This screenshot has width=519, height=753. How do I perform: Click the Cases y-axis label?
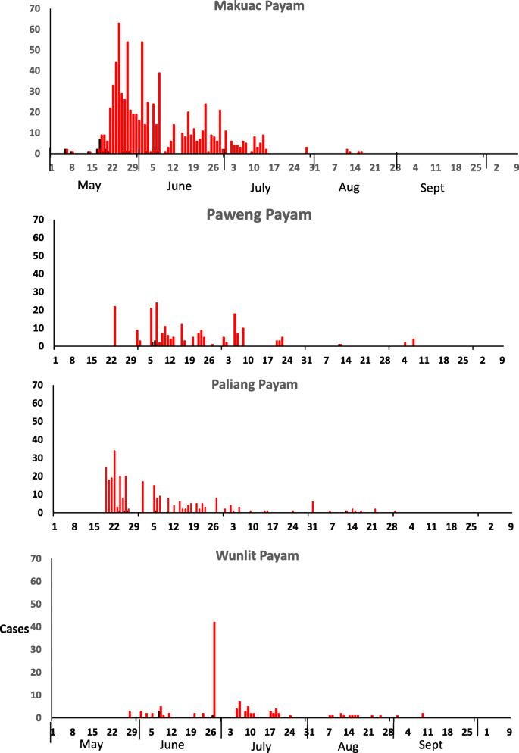click(14, 628)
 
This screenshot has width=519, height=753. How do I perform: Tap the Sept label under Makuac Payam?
click(433, 188)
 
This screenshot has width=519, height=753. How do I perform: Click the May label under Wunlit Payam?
click(91, 745)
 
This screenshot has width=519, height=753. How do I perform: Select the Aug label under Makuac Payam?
click(349, 188)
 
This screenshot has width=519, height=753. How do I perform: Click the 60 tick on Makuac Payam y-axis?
click(33, 29)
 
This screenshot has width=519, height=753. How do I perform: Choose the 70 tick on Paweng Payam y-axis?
click(38, 220)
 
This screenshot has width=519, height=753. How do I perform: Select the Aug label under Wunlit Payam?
click(348, 748)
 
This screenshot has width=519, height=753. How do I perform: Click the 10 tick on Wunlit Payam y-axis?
click(35, 695)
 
